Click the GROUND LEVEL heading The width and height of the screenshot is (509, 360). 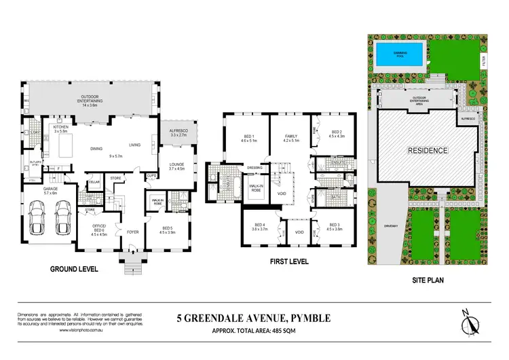[75, 269]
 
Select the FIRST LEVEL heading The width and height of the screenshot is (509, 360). [288, 261]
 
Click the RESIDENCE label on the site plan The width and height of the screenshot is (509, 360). [427, 150]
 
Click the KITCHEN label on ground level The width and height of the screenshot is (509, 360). [62, 127]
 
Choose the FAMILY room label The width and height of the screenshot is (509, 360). [290, 138]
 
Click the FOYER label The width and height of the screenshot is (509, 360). [133, 232]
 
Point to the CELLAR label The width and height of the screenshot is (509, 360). [93, 182]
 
